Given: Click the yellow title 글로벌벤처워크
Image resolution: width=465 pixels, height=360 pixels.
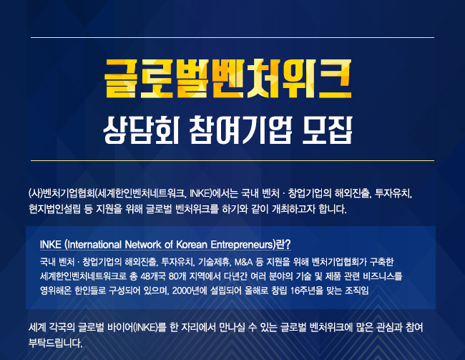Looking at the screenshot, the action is [x=227, y=79].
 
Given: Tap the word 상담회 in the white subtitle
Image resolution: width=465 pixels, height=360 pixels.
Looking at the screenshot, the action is [x=141, y=130].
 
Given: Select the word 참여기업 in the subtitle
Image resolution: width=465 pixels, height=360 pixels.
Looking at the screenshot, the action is [x=240, y=130].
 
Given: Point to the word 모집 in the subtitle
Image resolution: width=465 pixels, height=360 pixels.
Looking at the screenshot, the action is [x=328, y=130].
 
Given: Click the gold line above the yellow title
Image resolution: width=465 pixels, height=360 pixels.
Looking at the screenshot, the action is [x=232, y=38].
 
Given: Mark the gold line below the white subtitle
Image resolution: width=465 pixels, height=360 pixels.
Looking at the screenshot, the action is [x=232, y=160].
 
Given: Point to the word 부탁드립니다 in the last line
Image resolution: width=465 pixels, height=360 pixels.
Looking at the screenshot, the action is [x=55, y=343].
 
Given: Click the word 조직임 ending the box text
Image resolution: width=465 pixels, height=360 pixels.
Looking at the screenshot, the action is [x=357, y=291].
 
